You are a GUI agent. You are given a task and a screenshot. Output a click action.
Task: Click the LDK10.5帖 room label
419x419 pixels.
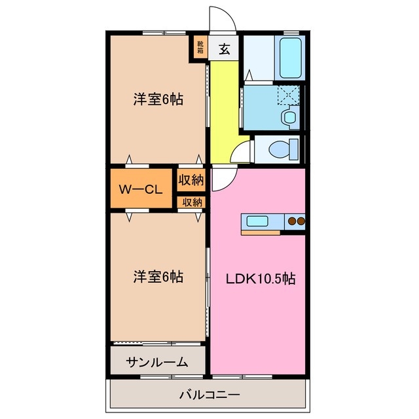[261, 278]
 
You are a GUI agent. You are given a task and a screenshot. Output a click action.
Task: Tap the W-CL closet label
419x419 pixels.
[140, 190]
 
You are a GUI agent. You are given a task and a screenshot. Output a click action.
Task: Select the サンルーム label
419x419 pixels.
[157, 361]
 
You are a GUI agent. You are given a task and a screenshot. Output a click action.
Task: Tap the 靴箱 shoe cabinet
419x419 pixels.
[200, 48]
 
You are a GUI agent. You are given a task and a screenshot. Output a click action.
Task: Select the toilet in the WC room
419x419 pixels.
[282, 148]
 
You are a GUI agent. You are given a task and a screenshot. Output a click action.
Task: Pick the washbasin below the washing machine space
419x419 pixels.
[289, 118]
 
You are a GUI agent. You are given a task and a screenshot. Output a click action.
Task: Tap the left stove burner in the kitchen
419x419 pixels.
[291, 221]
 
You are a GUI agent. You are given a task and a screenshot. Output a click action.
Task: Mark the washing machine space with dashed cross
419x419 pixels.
[287, 96]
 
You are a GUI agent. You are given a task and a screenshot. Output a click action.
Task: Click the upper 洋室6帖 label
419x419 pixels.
[158, 100]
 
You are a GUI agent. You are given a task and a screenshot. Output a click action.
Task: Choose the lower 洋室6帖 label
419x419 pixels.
[158, 276]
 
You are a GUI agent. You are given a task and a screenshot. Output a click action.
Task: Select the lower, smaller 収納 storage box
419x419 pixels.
[192, 202]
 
